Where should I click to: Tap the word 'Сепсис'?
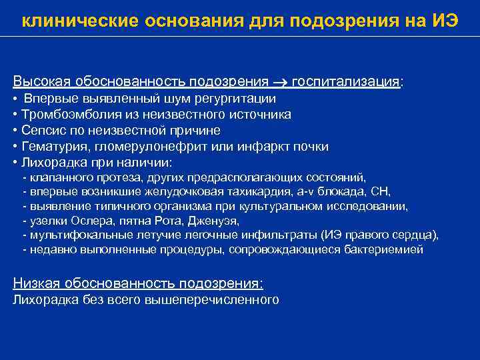[x=41, y=131]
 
